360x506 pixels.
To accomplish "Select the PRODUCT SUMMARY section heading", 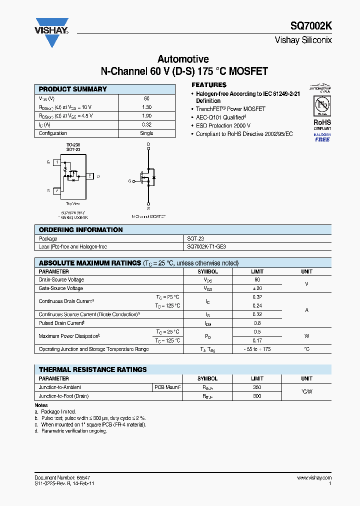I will click(73, 89).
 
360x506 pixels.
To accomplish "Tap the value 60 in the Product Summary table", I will click(146, 98).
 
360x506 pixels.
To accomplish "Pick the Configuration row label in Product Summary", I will click(53, 133).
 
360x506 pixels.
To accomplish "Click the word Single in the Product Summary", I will click(146, 133).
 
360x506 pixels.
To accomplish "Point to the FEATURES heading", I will click(209, 85).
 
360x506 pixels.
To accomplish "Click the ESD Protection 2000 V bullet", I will click(223, 126).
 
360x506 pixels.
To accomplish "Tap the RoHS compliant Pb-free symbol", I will click(322, 105).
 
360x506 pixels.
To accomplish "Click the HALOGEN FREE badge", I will click(322, 137).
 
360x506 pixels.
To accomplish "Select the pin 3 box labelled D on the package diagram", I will click(89, 176).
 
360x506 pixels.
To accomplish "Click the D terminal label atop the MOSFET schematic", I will click(148, 145).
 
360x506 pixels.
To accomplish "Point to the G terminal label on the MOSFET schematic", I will click(130, 181).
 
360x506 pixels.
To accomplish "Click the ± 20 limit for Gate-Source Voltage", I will click(257, 288).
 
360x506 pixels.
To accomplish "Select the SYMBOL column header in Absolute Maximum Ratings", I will click(207, 271).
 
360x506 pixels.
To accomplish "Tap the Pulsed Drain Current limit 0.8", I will click(257, 323).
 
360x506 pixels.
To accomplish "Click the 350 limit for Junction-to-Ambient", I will click(257, 387).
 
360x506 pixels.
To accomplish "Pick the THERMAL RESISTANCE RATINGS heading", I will click(93, 369).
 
